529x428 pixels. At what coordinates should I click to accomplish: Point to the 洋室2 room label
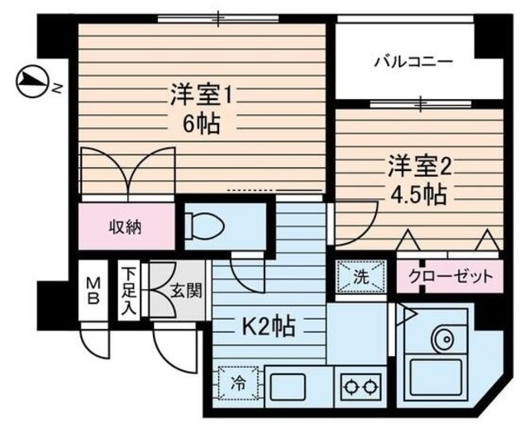point(420,166)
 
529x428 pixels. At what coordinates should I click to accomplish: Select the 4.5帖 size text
point(418,197)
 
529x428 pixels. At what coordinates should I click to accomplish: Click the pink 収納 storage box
point(127,227)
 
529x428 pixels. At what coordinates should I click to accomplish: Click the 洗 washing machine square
point(361,276)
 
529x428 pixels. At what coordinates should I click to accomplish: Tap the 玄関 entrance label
point(183,291)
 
